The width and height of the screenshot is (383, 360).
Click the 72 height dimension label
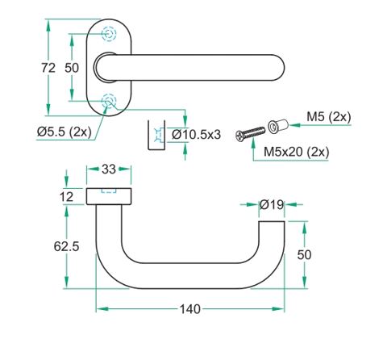click(x=48, y=68)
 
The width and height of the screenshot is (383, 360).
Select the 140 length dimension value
click(x=189, y=309)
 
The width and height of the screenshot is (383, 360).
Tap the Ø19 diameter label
click(x=272, y=205)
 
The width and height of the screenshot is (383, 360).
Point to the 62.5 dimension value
click(x=66, y=246)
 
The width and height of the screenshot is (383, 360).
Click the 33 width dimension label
click(x=109, y=169)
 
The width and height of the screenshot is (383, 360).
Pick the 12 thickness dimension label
click(x=66, y=197)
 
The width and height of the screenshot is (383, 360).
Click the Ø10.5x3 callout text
click(x=196, y=134)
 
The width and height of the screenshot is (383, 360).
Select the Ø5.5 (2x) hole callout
click(x=65, y=132)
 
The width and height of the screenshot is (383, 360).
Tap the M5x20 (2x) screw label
click(x=296, y=152)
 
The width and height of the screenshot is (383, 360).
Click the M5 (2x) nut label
click(x=329, y=117)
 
